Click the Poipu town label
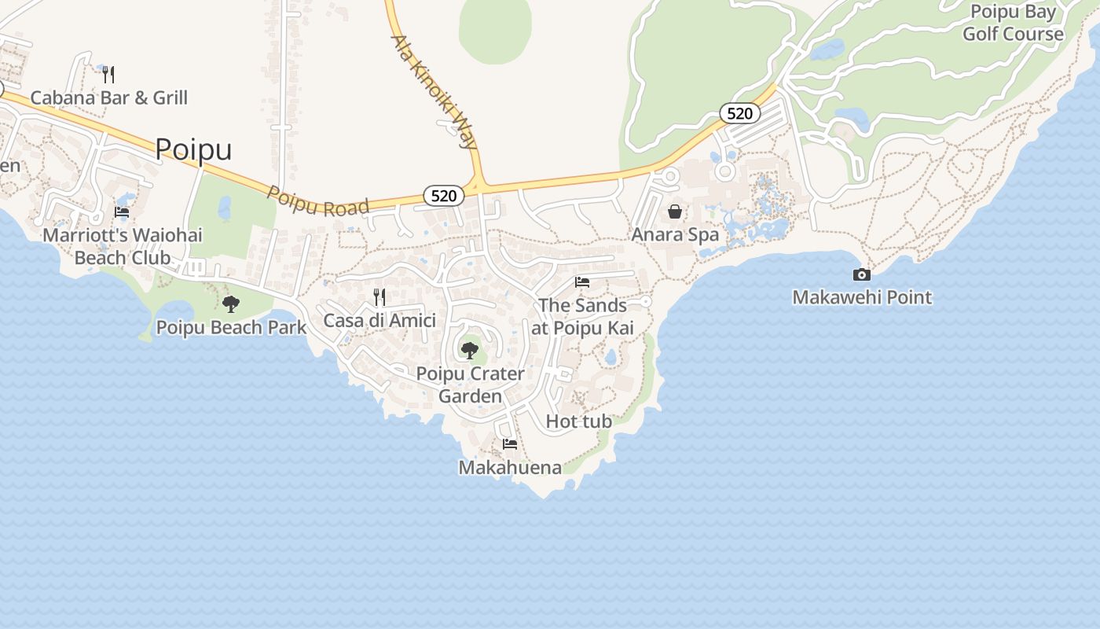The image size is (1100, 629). click(193, 149)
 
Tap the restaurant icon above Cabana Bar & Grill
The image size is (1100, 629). click(109, 75)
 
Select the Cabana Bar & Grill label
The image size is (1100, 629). click(109, 97)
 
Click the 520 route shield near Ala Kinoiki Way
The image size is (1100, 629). click(444, 196)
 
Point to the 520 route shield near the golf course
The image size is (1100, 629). click(739, 113)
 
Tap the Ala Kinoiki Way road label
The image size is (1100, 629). click(434, 91)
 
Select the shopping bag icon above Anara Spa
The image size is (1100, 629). click(675, 212)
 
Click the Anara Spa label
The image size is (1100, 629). click(675, 234)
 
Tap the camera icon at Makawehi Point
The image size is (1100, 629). click(862, 274)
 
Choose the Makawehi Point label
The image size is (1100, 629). click(862, 297)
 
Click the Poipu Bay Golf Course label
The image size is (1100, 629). click(1013, 23)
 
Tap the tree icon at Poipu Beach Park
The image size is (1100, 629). click(231, 303)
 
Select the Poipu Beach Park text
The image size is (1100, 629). click(231, 327)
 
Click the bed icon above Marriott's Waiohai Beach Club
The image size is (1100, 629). click(122, 212)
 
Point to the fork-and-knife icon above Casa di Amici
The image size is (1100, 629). click(379, 296)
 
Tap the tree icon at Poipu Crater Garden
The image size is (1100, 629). click(470, 350)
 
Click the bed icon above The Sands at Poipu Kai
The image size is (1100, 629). click(582, 282)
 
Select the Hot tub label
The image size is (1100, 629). click(578, 421)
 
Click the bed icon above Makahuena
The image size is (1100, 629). click(510, 444)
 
